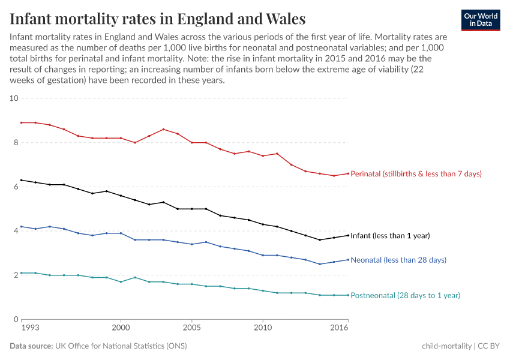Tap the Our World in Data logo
(x=480, y=20)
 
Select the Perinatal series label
(x=416, y=173)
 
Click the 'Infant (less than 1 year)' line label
(x=390, y=236)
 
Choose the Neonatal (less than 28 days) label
(x=398, y=260)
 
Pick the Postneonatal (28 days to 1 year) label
(x=405, y=295)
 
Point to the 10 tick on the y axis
(x=14, y=98)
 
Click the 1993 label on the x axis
(x=30, y=329)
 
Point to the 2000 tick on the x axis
(x=121, y=329)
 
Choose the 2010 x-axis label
(x=263, y=329)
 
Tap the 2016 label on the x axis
(x=340, y=329)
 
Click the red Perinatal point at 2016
(x=348, y=173)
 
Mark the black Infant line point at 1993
(x=22, y=180)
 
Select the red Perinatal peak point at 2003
(x=163, y=129)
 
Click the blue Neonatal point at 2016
(x=348, y=260)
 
